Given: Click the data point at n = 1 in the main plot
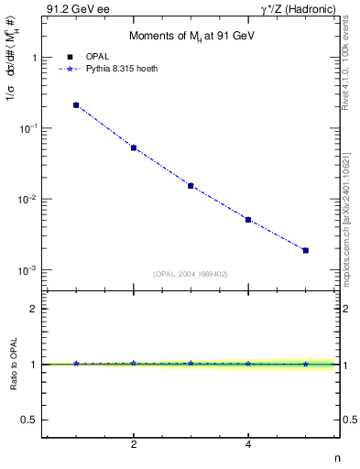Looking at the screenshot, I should (x=76, y=105).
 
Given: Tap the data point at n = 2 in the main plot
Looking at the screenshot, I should (x=134, y=147).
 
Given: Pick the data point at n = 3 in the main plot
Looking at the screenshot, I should (x=191, y=186).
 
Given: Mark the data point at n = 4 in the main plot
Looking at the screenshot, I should (x=248, y=220).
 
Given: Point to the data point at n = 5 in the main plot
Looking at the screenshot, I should (x=305, y=250).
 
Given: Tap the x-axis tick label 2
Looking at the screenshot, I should (x=134, y=444).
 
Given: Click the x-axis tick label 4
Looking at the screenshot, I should (x=248, y=444).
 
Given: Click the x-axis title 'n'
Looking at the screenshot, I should (x=335, y=459).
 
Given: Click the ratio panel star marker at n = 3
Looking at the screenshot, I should (x=191, y=364).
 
